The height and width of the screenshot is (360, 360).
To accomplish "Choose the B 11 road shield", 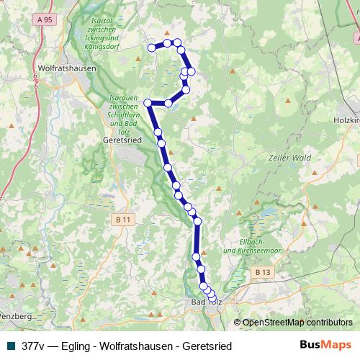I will point(124,219).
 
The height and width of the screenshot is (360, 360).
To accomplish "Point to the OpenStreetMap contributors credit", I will point(297,323).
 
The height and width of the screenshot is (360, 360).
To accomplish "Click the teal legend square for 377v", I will point(10,346).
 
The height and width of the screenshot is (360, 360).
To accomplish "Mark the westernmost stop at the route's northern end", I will point(152,48).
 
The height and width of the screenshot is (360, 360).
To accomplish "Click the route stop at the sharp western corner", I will point(148,103).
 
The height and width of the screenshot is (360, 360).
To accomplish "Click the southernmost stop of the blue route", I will point(212,298).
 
